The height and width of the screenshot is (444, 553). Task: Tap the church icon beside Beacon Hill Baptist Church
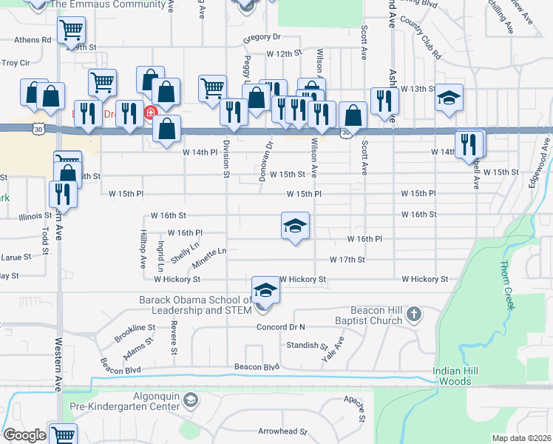tap(413, 314)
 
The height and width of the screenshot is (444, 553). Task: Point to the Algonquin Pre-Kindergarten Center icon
tap(191, 400)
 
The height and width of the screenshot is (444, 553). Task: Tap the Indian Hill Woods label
tap(451, 376)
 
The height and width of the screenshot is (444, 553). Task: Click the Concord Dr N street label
tap(280, 326)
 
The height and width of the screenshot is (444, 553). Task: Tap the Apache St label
tap(362, 408)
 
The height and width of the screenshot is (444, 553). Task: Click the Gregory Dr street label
tap(262, 36)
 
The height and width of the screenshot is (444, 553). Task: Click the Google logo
tap(24, 435)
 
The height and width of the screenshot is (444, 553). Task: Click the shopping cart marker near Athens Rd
tap(72, 30)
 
